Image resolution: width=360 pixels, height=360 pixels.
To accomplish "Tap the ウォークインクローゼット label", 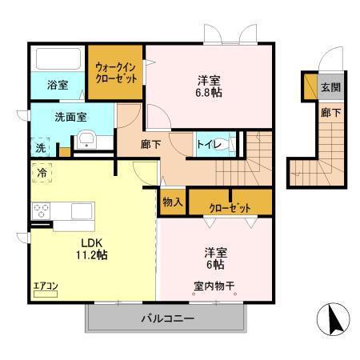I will coord(116,74).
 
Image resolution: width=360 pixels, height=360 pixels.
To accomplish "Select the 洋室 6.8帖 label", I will coord(210,86).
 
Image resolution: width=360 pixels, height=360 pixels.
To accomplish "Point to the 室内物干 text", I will coord(214,285).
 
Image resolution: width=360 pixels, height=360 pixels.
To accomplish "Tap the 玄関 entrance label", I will coord(330,86).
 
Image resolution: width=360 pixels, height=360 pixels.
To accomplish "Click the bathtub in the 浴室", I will coord(57,60).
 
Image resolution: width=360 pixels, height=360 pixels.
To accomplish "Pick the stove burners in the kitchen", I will coord(42,211).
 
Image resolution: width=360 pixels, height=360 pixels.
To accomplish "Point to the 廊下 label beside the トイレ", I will coord(151,145).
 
